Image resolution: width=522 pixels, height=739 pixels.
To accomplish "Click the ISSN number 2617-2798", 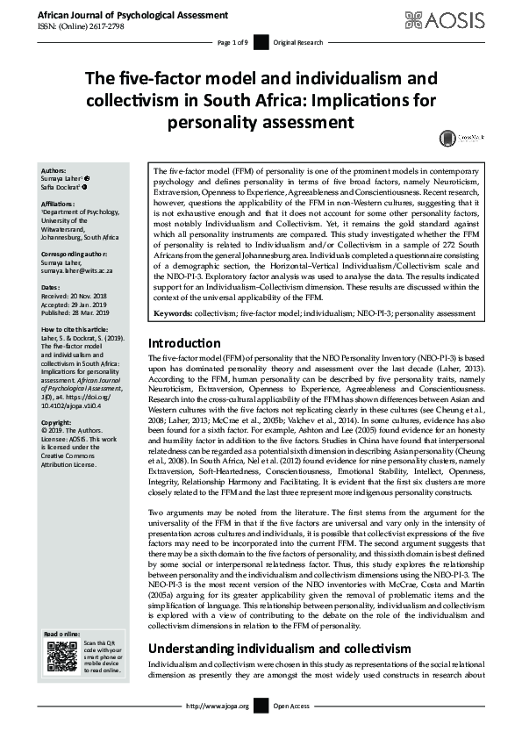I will point(110,26).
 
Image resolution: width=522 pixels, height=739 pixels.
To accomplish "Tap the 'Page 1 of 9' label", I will point(234,42).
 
